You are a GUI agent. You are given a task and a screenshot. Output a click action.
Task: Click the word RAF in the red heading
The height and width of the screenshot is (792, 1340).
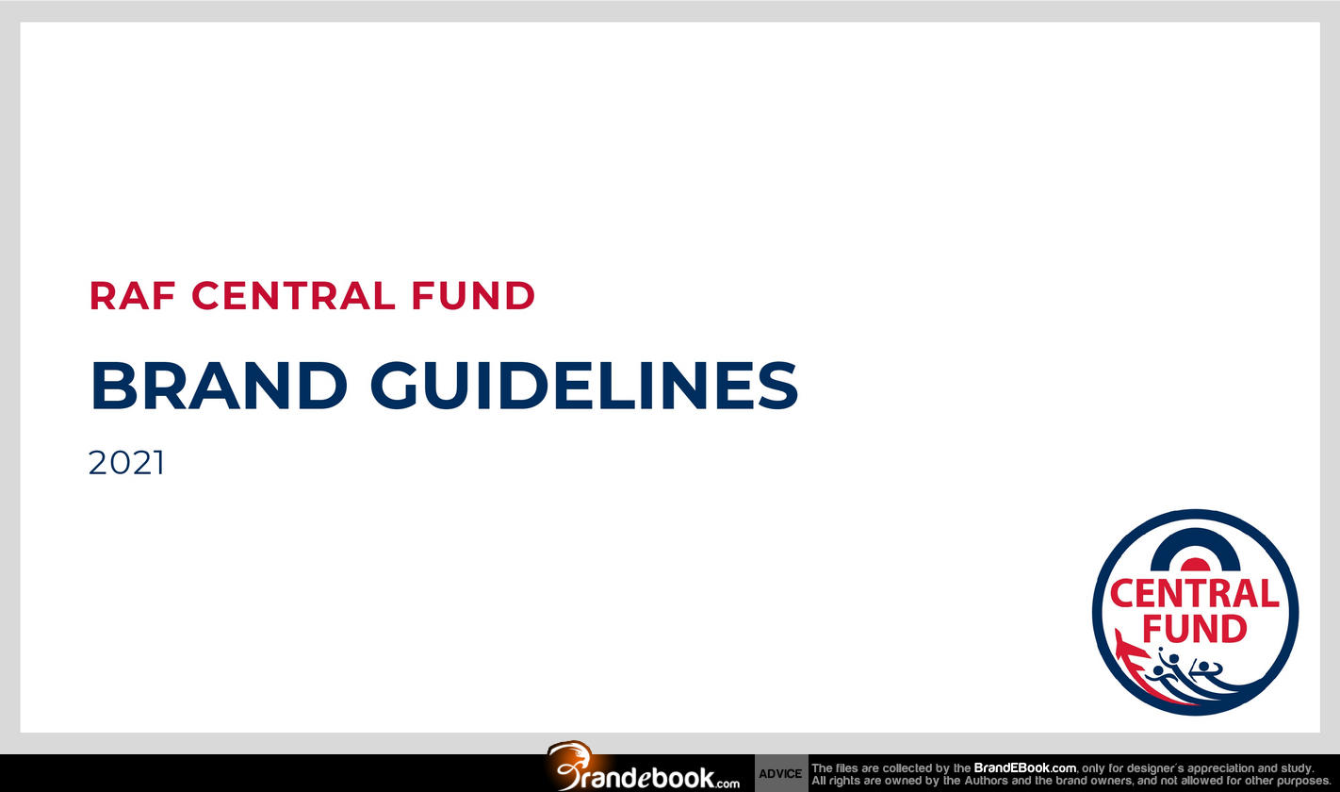[133, 296]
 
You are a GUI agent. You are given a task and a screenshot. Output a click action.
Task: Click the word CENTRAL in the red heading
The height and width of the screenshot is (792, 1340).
[293, 296]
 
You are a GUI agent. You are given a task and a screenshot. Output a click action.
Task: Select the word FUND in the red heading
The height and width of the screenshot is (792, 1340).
[473, 296]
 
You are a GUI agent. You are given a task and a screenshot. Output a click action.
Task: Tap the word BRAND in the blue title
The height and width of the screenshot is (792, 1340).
[219, 386]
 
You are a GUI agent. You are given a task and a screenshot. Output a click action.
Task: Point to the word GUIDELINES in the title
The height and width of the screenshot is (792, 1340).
[584, 386]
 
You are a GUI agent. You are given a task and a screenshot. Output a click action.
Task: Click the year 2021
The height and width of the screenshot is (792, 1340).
[126, 463]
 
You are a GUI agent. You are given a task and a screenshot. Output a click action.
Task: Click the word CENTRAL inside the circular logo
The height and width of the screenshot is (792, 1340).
[1195, 594]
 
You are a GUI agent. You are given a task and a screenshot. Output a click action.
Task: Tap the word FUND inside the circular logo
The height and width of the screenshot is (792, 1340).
[1195, 628]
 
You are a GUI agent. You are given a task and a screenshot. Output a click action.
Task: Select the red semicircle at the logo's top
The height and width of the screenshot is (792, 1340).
[1195, 565]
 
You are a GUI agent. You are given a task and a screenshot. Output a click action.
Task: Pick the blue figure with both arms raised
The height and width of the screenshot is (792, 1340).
[1205, 669]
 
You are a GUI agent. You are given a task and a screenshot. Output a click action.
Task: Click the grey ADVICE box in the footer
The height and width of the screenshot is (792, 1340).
[780, 773]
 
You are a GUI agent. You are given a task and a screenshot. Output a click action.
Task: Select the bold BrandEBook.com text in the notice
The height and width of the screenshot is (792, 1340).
[1024, 768]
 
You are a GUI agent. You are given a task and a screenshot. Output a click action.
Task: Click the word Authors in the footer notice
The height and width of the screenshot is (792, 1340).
[986, 781]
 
